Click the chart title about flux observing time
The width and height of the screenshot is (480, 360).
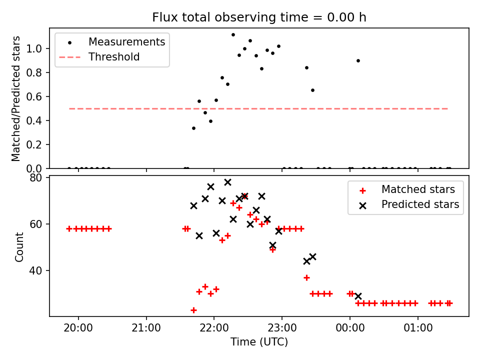tap(259, 17)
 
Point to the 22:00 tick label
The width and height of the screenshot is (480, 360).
tap(214, 328)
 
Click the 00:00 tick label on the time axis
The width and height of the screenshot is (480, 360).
tap(350, 328)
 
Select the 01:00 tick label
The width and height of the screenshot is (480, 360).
tap(418, 328)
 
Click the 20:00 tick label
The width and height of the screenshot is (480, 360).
tap(78, 328)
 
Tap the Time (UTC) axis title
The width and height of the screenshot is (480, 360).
tap(259, 342)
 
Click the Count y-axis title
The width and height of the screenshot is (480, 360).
tap(19, 247)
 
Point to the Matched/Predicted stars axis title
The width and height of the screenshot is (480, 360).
tap(15, 98)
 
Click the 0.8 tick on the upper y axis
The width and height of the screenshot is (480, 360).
tap(34, 72)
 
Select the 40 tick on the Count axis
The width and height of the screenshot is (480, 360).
tap(35, 270)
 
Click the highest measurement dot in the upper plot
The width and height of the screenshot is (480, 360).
tap(233, 35)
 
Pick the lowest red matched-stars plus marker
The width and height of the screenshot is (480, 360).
tap(193, 310)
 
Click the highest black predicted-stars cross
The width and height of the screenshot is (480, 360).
tap(227, 182)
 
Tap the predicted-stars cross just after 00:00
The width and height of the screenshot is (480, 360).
tap(358, 296)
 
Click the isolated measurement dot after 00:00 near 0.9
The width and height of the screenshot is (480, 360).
tap(358, 61)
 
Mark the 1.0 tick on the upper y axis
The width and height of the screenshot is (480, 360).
tap(34, 48)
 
